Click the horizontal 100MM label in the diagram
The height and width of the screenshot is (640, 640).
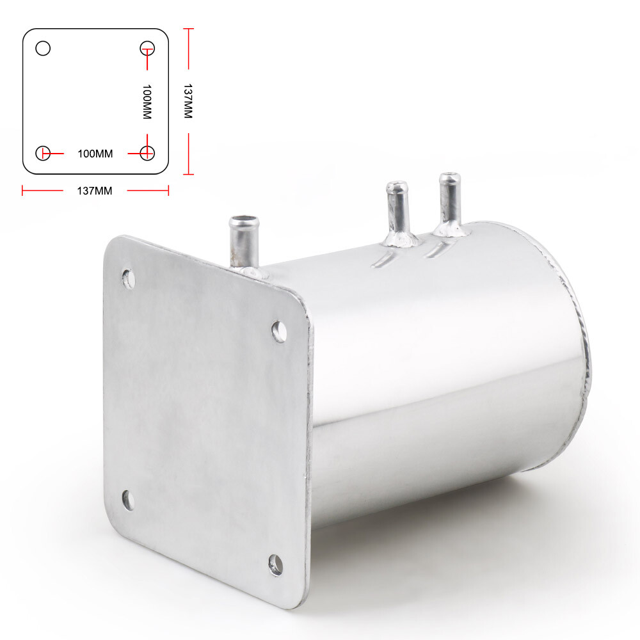(95, 154)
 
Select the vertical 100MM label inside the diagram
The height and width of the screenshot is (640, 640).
(147, 102)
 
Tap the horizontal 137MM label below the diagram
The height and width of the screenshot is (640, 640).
(95, 191)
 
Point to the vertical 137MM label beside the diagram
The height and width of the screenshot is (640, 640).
(188, 101)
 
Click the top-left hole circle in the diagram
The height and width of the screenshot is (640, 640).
(43, 48)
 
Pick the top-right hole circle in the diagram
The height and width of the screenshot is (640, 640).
(147, 48)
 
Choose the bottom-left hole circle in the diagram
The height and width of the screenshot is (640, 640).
(43, 153)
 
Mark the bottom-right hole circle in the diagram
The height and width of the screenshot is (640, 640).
(147, 153)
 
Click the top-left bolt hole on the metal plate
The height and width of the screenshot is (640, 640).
(129, 279)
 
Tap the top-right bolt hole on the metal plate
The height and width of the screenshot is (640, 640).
(279, 331)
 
